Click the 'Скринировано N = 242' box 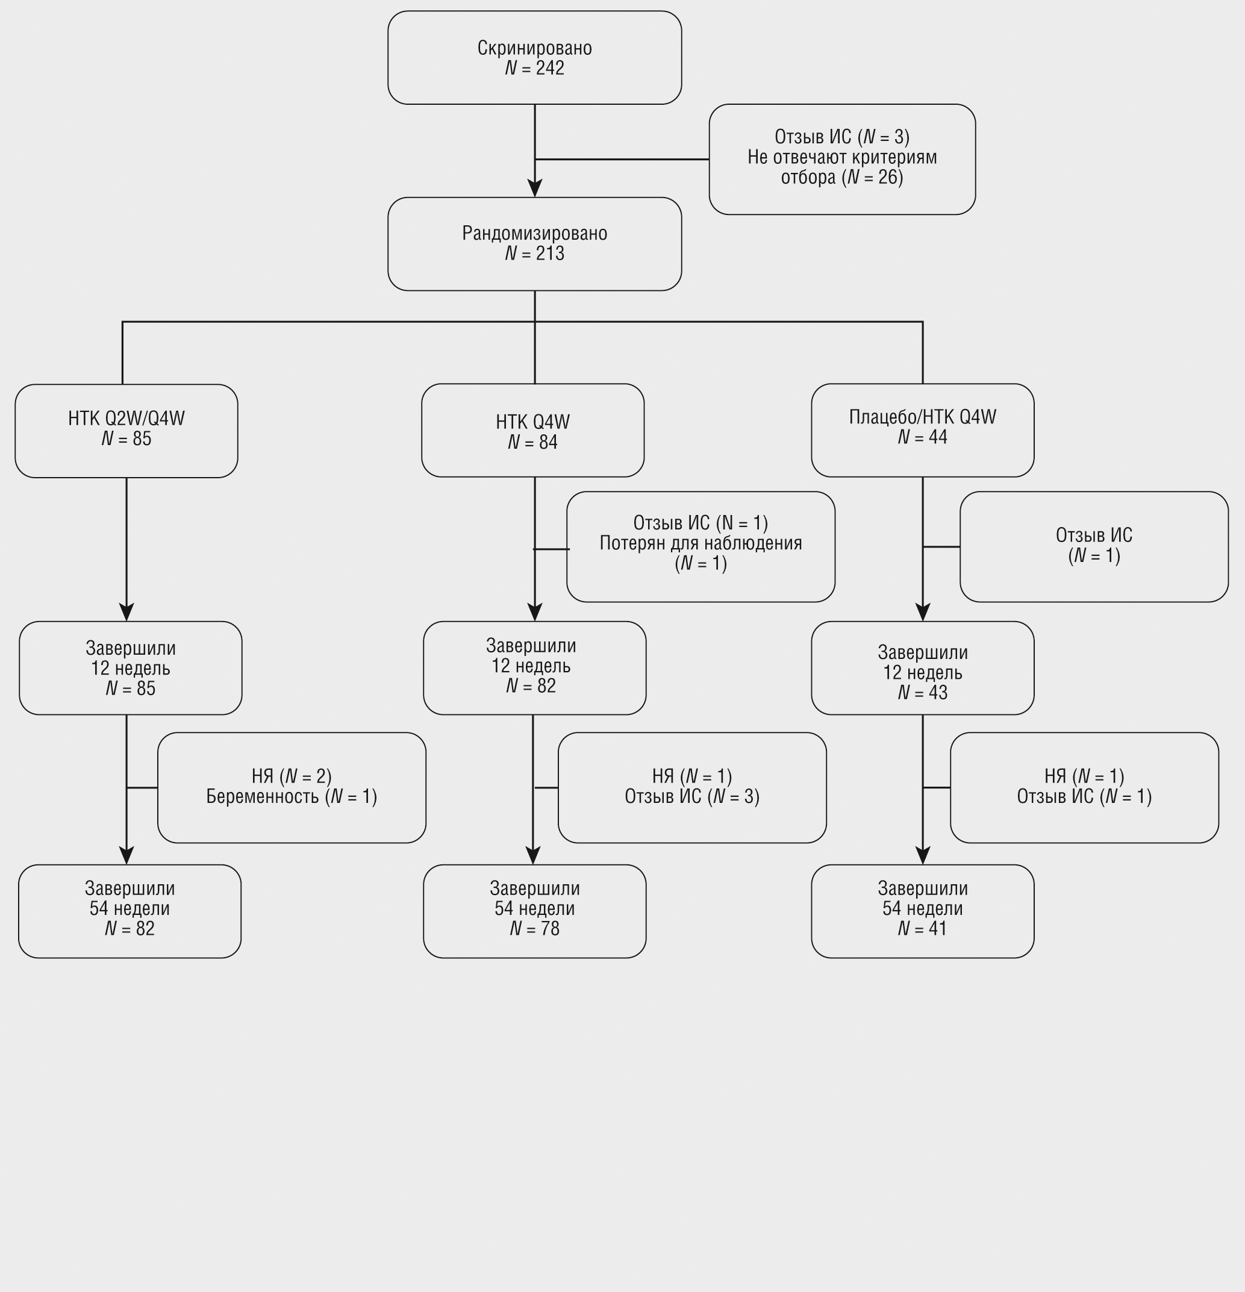(534, 57)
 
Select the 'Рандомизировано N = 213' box (534, 243)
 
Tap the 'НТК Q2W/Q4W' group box (126, 431)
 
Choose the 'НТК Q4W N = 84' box (532, 431)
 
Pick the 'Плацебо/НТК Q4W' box (922, 430)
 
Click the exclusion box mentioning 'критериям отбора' (841, 159)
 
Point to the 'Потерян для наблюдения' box (700, 546)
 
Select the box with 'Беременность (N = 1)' (292, 787)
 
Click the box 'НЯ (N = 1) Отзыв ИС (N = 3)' (691, 787)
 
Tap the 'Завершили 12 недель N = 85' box (131, 668)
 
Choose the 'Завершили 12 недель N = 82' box (534, 667)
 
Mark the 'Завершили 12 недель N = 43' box (922, 668)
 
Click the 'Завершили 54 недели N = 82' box (130, 910)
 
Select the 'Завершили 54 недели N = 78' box (534, 910)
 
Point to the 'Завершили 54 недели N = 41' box (922, 910)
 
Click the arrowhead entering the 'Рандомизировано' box (534, 189)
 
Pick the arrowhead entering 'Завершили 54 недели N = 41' (922, 856)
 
